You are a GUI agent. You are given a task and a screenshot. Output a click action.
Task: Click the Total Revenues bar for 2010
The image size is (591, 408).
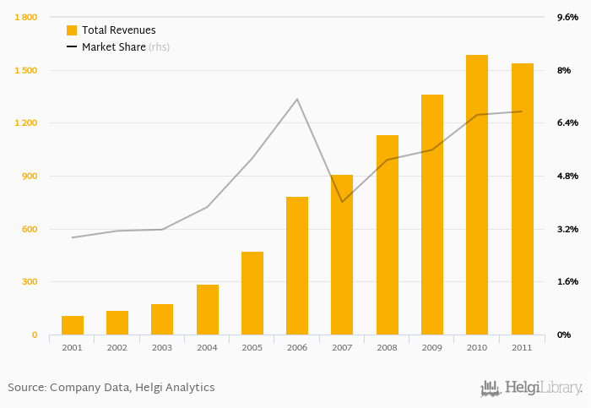(x=477, y=194)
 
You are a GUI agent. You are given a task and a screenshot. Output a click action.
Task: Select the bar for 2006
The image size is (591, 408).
(x=297, y=265)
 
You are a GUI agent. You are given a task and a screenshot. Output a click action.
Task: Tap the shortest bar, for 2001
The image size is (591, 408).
(x=73, y=325)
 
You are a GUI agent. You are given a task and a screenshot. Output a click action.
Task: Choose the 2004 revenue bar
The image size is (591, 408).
(x=208, y=309)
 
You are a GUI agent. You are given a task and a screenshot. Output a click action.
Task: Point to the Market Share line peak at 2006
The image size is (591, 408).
(x=297, y=100)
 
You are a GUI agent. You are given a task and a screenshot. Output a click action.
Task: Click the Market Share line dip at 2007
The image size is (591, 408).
(x=342, y=202)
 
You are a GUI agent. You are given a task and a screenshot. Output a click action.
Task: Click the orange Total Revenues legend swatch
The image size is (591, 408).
(x=72, y=30)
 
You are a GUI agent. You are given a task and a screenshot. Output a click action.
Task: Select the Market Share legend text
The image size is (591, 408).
(x=113, y=47)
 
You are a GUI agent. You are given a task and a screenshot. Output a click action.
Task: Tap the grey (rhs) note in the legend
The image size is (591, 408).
(x=160, y=47)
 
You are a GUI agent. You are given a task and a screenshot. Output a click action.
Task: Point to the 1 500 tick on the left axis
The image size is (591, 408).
(x=25, y=70)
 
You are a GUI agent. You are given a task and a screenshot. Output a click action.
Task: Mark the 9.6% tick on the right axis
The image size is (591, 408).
(x=567, y=17)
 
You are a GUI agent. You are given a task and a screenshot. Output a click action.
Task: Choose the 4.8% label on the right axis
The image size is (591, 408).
(x=567, y=176)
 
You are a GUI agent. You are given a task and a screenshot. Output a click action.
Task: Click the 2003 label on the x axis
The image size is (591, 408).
(x=162, y=347)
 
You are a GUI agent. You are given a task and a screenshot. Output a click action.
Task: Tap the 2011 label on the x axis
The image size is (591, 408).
(x=522, y=347)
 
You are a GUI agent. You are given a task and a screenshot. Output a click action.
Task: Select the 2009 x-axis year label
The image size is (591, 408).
(x=432, y=347)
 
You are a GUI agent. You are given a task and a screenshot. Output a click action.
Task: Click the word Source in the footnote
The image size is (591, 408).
(x=26, y=387)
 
